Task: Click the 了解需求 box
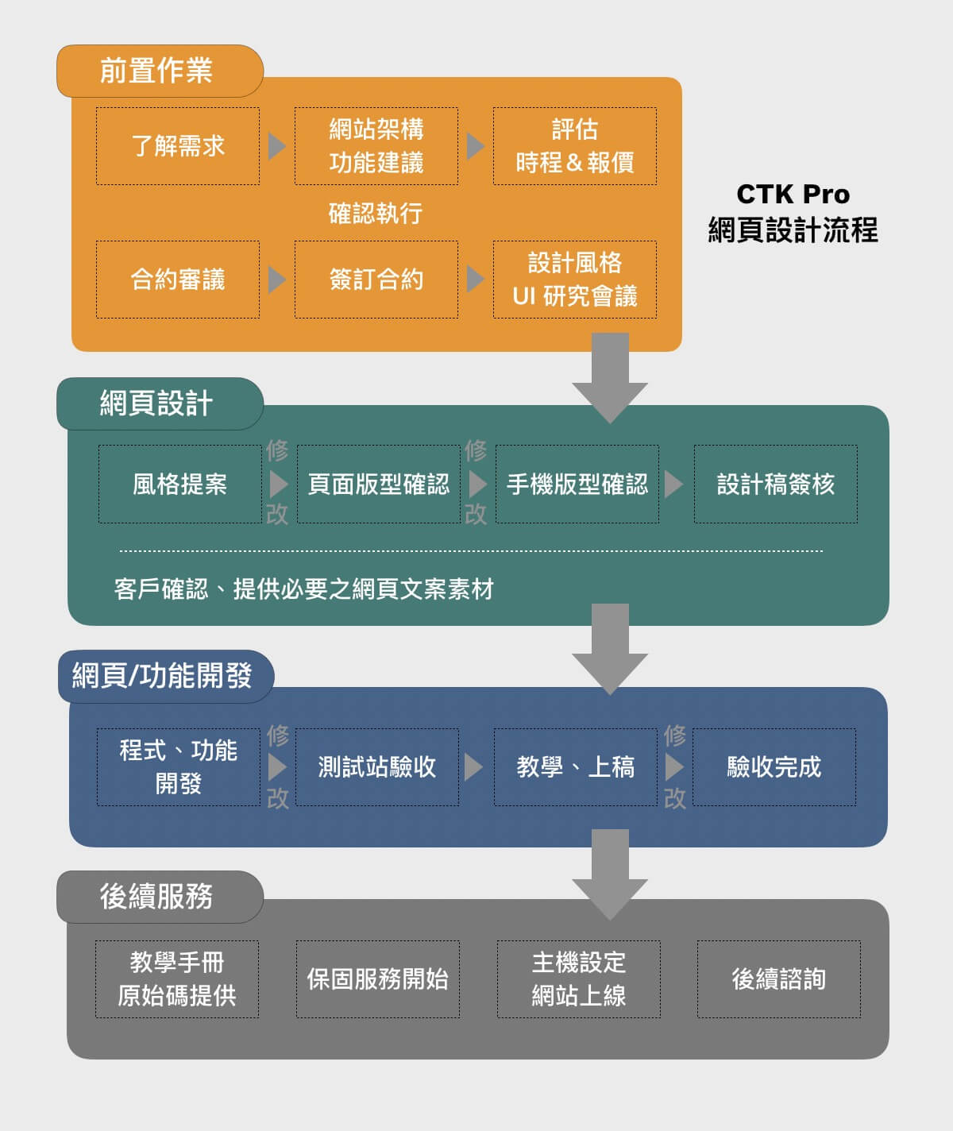tap(178, 146)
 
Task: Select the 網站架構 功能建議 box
tap(376, 146)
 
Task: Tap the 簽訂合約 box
tap(376, 280)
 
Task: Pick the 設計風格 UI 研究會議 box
tap(575, 280)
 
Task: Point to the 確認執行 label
tap(376, 213)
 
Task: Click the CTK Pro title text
tap(793, 195)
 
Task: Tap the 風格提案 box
tap(180, 484)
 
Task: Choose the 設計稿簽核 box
tap(776, 484)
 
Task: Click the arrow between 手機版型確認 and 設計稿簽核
tap(673, 484)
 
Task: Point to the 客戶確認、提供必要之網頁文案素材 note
tap(304, 589)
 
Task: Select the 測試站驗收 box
tap(377, 767)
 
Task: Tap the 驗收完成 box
tap(774, 767)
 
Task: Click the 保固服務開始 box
tap(378, 979)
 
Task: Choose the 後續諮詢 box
tap(779, 979)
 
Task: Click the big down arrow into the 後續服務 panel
tap(610, 874)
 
